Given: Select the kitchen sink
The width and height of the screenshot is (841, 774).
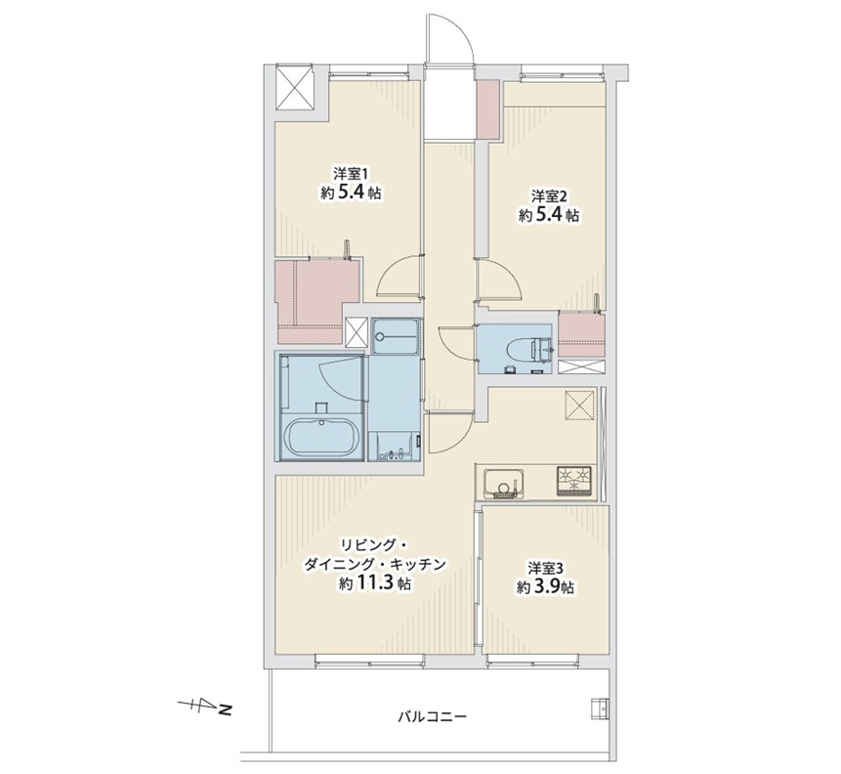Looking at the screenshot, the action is pyautogui.click(x=504, y=483).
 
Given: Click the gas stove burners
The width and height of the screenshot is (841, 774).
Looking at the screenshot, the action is pyautogui.click(x=574, y=480).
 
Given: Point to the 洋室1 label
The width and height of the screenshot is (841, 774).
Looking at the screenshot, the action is pyautogui.click(x=352, y=175).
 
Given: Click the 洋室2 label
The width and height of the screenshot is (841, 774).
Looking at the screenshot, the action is pyautogui.click(x=549, y=195).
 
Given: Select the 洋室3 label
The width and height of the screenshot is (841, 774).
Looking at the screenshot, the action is pyautogui.click(x=544, y=568).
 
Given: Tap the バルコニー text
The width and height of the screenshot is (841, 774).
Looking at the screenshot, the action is pyautogui.click(x=433, y=716).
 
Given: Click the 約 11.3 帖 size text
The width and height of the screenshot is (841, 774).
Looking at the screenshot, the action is pyautogui.click(x=374, y=584).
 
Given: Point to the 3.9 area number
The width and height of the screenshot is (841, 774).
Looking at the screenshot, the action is pyautogui.click(x=545, y=587).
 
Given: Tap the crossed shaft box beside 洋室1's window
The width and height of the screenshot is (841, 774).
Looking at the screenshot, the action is pyautogui.click(x=293, y=87).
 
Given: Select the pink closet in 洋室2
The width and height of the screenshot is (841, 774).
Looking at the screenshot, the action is pyautogui.click(x=582, y=334).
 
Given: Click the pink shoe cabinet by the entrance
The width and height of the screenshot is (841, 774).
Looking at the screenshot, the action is pyautogui.click(x=488, y=109).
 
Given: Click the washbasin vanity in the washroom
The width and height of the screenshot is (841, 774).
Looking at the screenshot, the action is pyautogui.click(x=396, y=446).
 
